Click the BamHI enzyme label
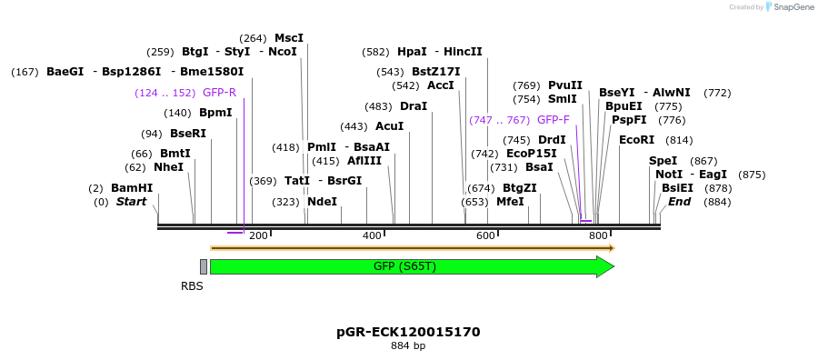click(x=132, y=188)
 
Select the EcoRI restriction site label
click(x=636, y=140)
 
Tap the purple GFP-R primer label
click(x=219, y=93)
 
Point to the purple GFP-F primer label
click(x=554, y=120)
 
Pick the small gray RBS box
click(x=204, y=266)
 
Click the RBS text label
click(x=192, y=285)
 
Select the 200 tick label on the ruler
click(x=258, y=236)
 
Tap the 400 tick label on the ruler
click(x=372, y=236)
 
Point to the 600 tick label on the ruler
click(x=485, y=236)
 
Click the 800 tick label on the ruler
click(x=598, y=236)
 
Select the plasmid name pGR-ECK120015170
click(x=408, y=332)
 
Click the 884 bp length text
click(x=408, y=346)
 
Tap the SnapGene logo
click(x=790, y=7)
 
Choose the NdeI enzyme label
click(x=322, y=202)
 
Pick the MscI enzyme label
click(x=289, y=38)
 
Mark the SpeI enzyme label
click(x=663, y=161)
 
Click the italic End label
click(x=680, y=202)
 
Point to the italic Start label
click(x=131, y=202)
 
